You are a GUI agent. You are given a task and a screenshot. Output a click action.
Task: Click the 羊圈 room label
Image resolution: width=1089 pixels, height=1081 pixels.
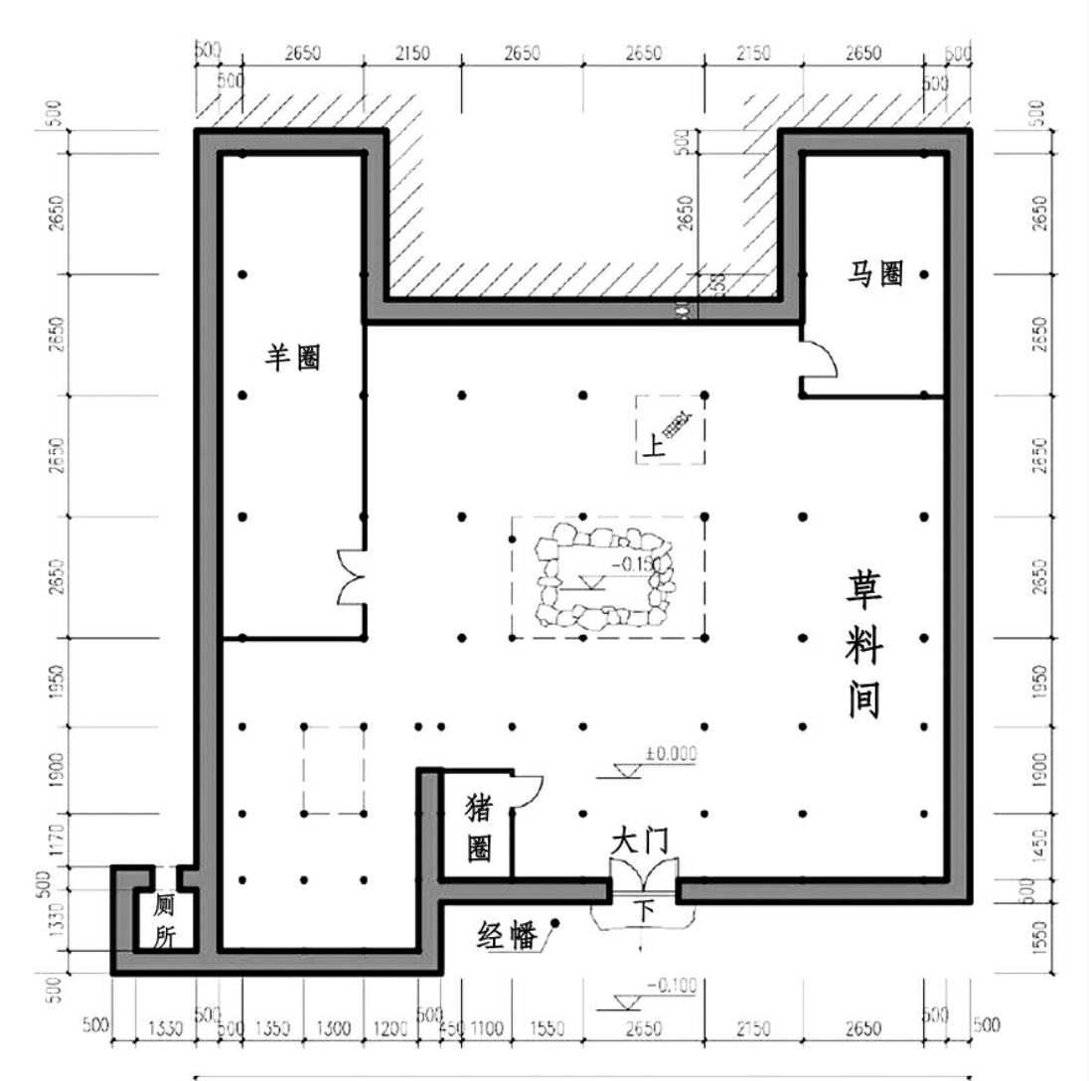291,358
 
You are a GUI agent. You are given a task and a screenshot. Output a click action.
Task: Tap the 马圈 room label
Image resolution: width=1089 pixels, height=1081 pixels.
875,275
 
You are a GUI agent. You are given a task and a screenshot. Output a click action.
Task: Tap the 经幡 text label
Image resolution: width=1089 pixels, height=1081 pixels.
508,935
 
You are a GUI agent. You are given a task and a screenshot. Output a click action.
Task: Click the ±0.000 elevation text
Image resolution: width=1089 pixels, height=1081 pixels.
670,754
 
